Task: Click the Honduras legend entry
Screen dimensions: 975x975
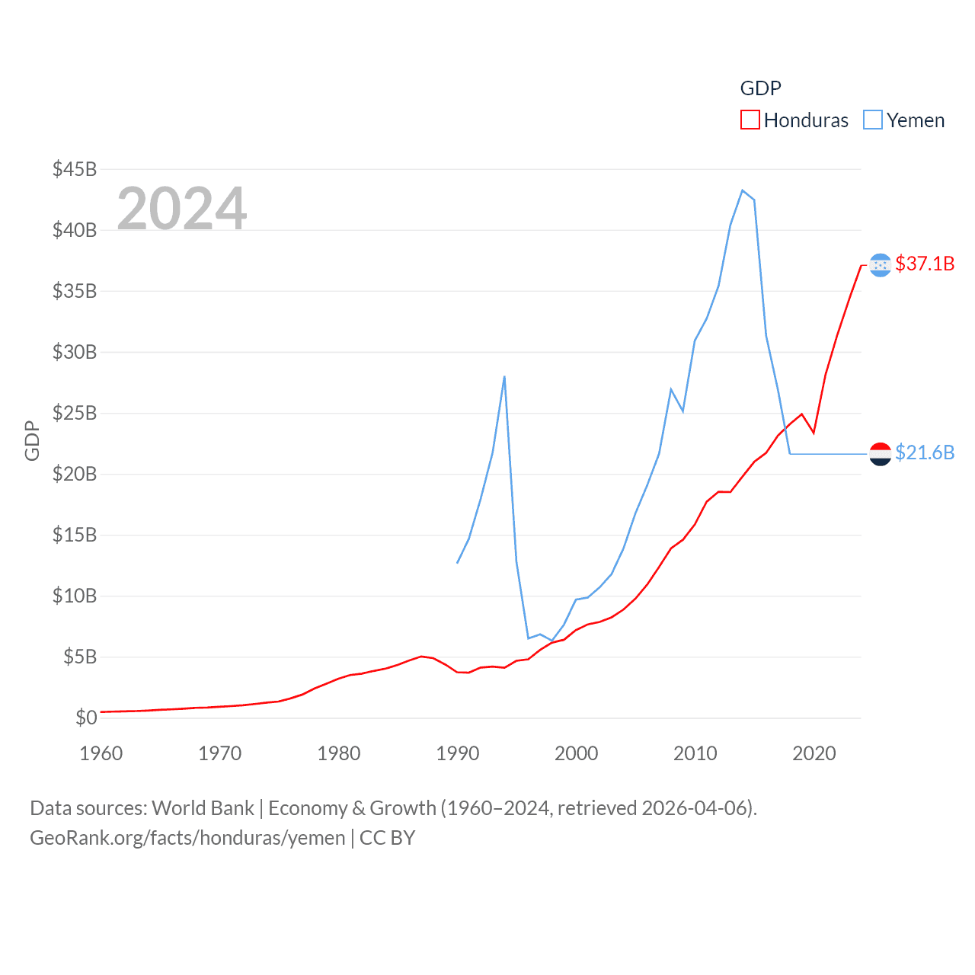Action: pyautogui.click(x=794, y=120)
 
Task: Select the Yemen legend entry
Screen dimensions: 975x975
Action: pyautogui.click(x=904, y=120)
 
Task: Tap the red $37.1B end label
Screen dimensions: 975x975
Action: pyautogui.click(x=925, y=264)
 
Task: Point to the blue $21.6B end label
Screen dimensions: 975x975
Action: pyautogui.click(x=925, y=452)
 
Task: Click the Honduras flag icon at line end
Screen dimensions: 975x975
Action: pyautogui.click(x=880, y=265)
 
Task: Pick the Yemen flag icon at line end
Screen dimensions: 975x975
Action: pyautogui.click(x=880, y=454)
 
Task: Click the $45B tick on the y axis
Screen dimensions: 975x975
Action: pyautogui.click(x=75, y=169)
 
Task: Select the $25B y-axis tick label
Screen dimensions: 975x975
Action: pyautogui.click(x=75, y=413)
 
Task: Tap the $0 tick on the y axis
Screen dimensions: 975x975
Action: pyautogui.click(x=86, y=718)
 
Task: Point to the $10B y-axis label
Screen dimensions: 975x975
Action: pyautogui.click(x=75, y=596)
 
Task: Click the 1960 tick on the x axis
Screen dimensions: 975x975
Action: pyautogui.click(x=101, y=753)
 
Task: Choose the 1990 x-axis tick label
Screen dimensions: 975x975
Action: pyautogui.click(x=458, y=753)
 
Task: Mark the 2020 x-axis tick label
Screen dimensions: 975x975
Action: pyautogui.click(x=814, y=753)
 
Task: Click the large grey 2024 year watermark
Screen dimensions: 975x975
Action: pyautogui.click(x=182, y=208)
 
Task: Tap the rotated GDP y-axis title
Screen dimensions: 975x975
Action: pyautogui.click(x=32, y=440)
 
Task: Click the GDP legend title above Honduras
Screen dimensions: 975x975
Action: pyautogui.click(x=760, y=88)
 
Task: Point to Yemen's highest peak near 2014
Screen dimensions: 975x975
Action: pyautogui.click(x=742, y=190)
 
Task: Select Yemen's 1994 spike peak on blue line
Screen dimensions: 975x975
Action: pyautogui.click(x=504, y=376)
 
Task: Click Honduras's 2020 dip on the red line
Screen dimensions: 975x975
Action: pyautogui.click(x=814, y=433)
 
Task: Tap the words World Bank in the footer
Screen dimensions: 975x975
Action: pyautogui.click(x=203, y=807)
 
